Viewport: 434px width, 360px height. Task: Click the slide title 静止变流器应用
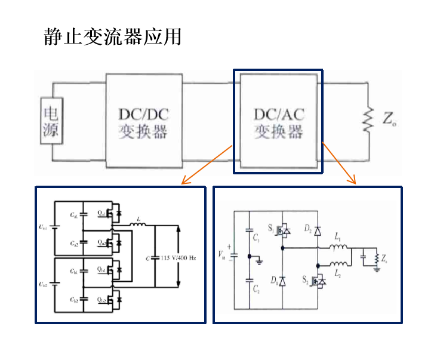pyautogui.click(x=112, y=36)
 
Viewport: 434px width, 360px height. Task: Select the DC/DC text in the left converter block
pyautogui.click(x=143, y=113)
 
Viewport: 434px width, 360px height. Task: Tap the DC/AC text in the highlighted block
pyautogui.click(x=279, y=113)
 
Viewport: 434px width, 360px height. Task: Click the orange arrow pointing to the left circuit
pyautogui.click(x=207, y=164)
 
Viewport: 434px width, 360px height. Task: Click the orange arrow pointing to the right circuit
pyautogui.click(x=339, y=163)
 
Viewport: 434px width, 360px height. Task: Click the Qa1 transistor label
pyautogui.click(x=102, y=213)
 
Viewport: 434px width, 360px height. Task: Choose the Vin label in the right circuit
pyautogui.click(x=223, y=253)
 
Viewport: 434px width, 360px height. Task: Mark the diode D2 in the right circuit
pyautogui.click(x=317, y=230)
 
